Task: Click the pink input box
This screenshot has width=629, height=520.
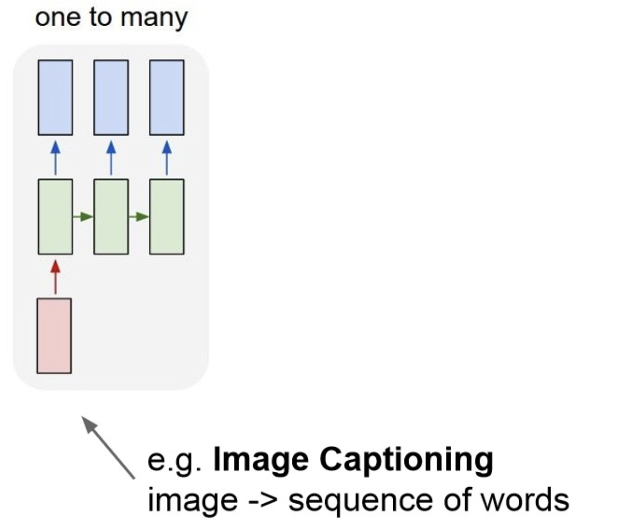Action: tap(54, 336)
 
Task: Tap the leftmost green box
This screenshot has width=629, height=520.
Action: tap(55, 216)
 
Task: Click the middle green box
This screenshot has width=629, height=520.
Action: tap(111, 216)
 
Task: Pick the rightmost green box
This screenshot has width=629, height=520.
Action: tap(167, 216)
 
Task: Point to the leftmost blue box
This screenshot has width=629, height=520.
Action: tap(55, 97)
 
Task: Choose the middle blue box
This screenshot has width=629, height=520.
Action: tap(111, 97)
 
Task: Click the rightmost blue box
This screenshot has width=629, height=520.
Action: tap(167, 97)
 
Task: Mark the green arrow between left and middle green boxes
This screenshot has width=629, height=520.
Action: tap(83, 217)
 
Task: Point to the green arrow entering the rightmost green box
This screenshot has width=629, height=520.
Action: tap(139, 217)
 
